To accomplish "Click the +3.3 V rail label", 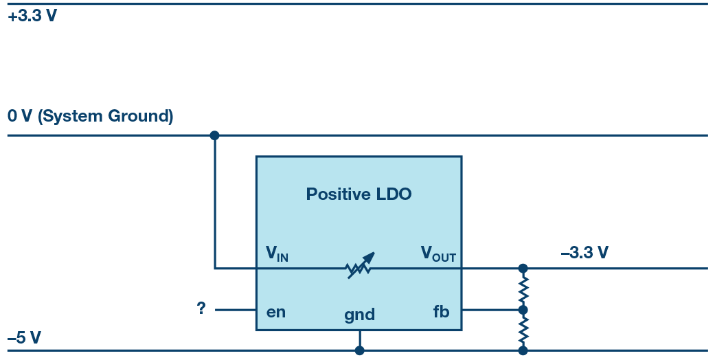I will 32,16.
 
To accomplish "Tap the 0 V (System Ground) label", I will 90,116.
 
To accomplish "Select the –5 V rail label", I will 24,338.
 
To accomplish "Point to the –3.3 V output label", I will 585,253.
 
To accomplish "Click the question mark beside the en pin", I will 201,308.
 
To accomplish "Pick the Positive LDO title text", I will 359,194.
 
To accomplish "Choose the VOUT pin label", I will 438,254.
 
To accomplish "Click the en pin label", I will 276,312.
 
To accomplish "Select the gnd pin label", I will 359,315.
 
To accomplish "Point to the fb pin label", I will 441,312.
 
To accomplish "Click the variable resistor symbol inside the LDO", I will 360,267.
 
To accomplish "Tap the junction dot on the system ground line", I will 214,135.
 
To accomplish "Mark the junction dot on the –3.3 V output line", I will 523,268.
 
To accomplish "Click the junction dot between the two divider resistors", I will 523,310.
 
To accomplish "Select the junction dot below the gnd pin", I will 359,350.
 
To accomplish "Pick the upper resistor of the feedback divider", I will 523,289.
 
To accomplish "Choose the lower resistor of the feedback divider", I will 523,330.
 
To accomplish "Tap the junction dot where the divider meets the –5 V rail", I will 523,350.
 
